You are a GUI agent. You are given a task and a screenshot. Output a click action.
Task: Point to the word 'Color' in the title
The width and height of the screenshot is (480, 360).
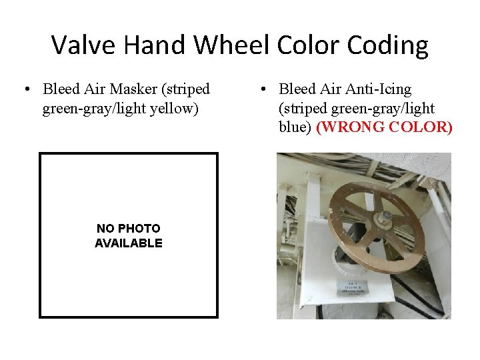point(313,45)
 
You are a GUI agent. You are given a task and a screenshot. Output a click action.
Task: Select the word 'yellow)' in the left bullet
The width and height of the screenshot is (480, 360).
point(175,107)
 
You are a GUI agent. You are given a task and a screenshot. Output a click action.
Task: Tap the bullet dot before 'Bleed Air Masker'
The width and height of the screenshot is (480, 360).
point(25,89)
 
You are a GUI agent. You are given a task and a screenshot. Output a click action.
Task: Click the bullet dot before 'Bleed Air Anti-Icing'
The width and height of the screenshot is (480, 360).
point(264,89)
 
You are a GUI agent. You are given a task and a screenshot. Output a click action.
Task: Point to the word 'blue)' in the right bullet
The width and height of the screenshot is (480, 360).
point(295,127)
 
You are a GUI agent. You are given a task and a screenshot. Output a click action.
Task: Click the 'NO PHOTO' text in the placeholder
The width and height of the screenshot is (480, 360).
point(129,229)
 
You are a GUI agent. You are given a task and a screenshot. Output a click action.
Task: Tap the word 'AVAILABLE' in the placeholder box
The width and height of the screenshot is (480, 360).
point(129,243)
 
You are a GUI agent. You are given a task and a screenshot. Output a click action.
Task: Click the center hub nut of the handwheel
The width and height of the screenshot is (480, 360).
point(385,216)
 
